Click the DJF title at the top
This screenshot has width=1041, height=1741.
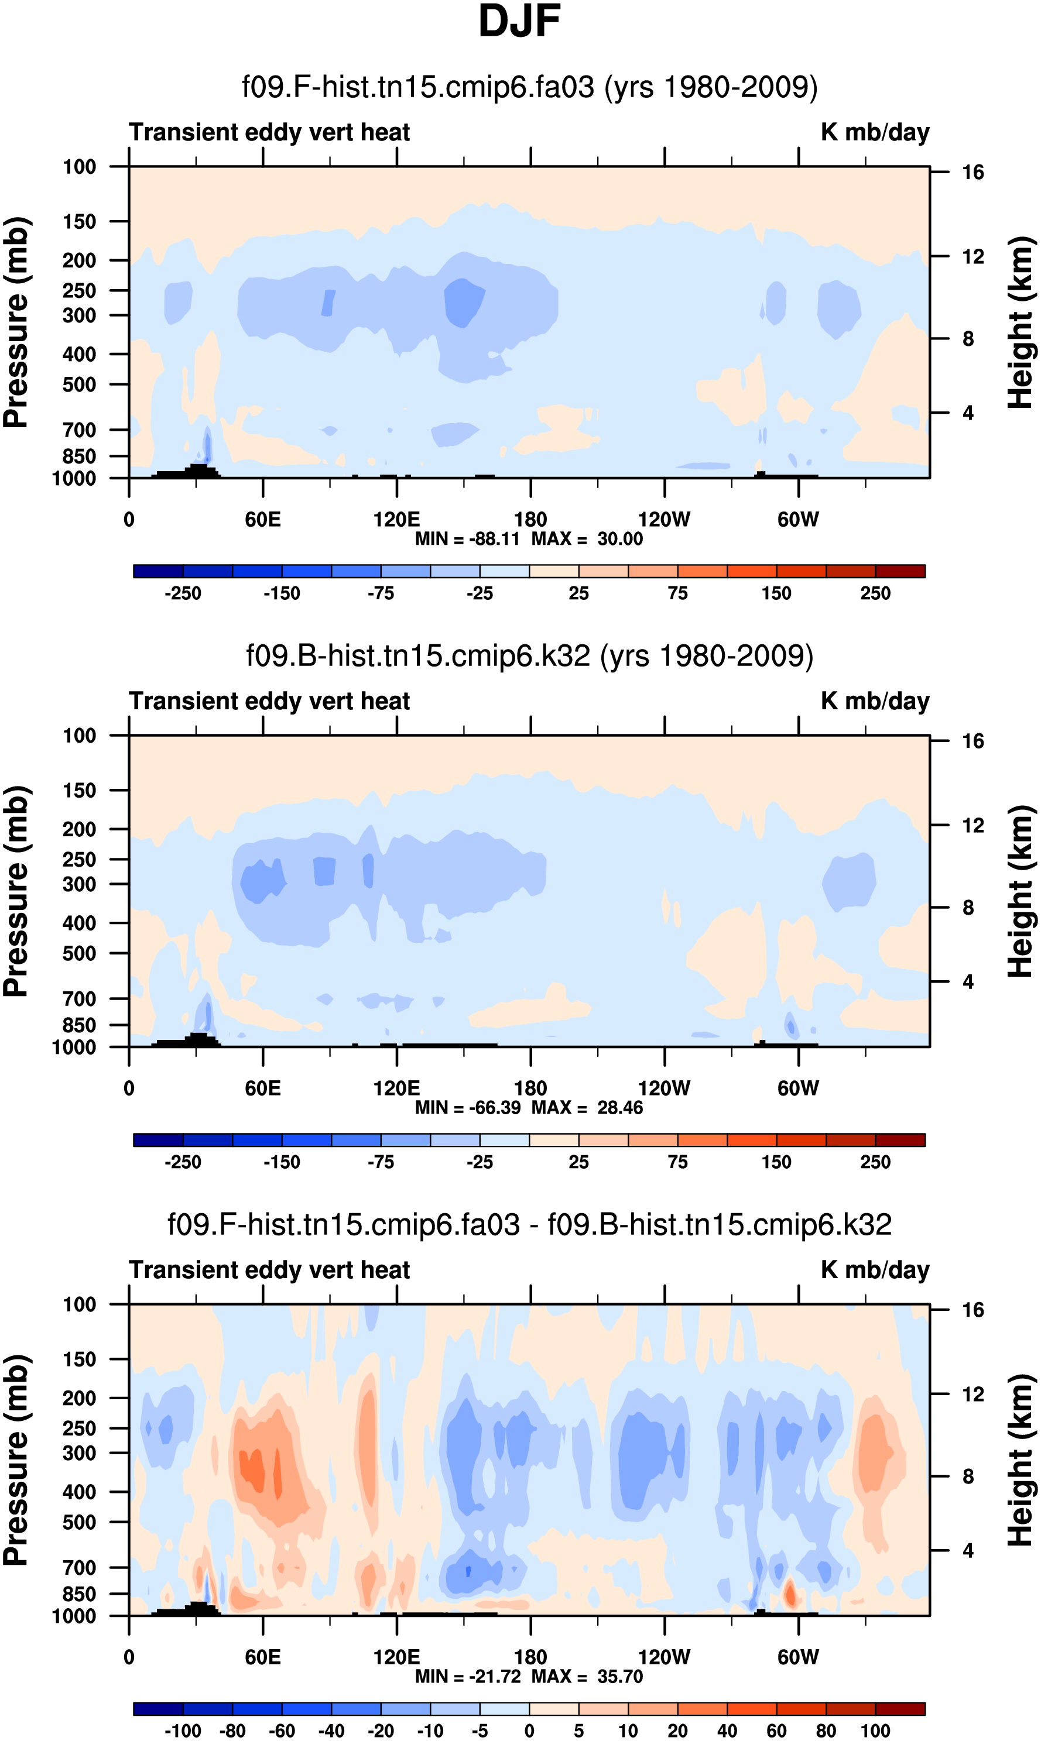click(519, 21)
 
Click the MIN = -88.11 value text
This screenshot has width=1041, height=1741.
click(467, 539)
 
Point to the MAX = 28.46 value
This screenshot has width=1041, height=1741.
click(587, 1108)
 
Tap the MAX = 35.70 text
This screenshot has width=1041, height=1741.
click(587, 1677)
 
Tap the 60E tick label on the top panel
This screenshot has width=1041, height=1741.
click(263, 520)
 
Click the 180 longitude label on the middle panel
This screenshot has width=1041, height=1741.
click(530, 1088)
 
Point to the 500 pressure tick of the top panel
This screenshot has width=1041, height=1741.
click(79, 385)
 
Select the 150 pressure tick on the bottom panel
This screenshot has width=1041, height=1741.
click(79, 1359)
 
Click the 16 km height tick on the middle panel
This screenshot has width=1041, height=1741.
click(973, 741)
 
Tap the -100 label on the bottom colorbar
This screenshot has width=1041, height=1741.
click(183, 1731)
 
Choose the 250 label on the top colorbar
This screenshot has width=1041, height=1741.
click(875, 593)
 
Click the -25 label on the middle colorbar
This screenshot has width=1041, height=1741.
click(480, 1162)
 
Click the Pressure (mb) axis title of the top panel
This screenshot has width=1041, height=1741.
click(15, 322)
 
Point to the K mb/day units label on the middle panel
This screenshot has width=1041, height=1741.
click(875, 701)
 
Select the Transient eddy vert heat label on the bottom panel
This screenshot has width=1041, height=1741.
click(269, 1270)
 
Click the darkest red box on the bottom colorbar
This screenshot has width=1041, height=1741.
click(900, 1709)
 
